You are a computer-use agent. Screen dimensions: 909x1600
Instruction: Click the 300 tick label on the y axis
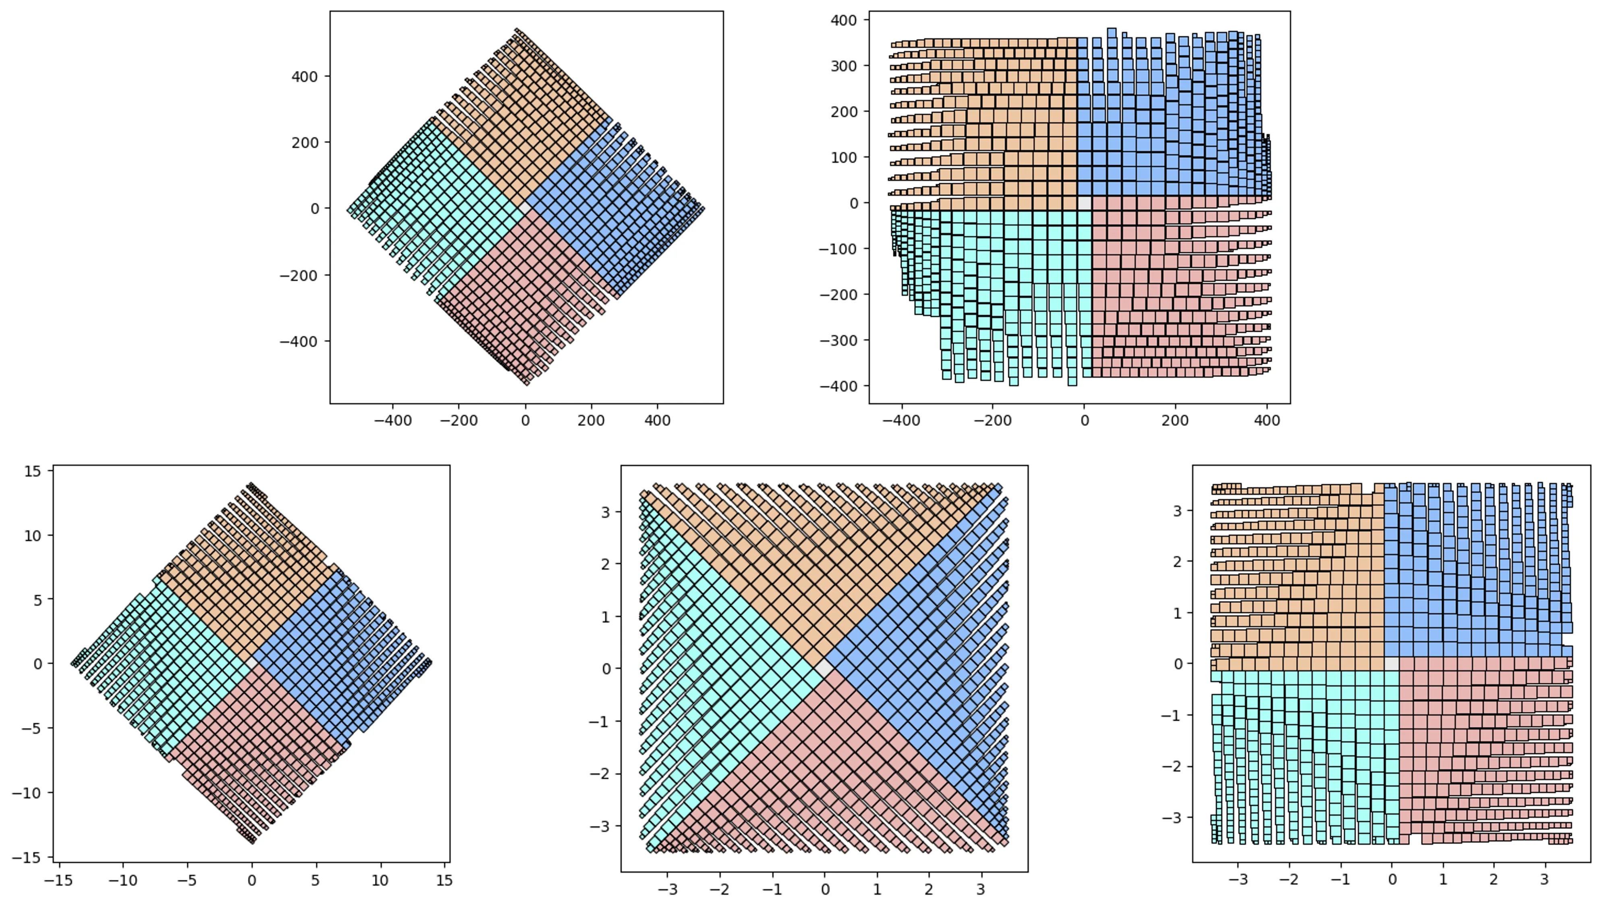tap(844, 66)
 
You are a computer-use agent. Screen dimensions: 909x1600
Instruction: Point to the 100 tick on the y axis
tap(844, 157)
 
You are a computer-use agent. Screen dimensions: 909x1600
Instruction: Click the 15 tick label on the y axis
tap(33, 471)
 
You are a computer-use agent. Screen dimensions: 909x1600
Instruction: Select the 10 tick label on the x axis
tap(380, 881)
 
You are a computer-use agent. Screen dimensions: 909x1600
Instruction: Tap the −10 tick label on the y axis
tap(28, 793)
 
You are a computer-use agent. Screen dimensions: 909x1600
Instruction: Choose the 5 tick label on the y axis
tap(38, 600)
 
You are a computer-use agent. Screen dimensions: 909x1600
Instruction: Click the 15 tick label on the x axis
tap(444, 881)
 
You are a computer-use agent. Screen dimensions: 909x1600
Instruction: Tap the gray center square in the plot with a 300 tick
tap(1085, 203)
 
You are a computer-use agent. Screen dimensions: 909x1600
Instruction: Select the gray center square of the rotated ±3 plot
tap(824, 668)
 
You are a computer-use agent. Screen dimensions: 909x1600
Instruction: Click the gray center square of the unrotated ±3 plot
tap(1392, 663)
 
